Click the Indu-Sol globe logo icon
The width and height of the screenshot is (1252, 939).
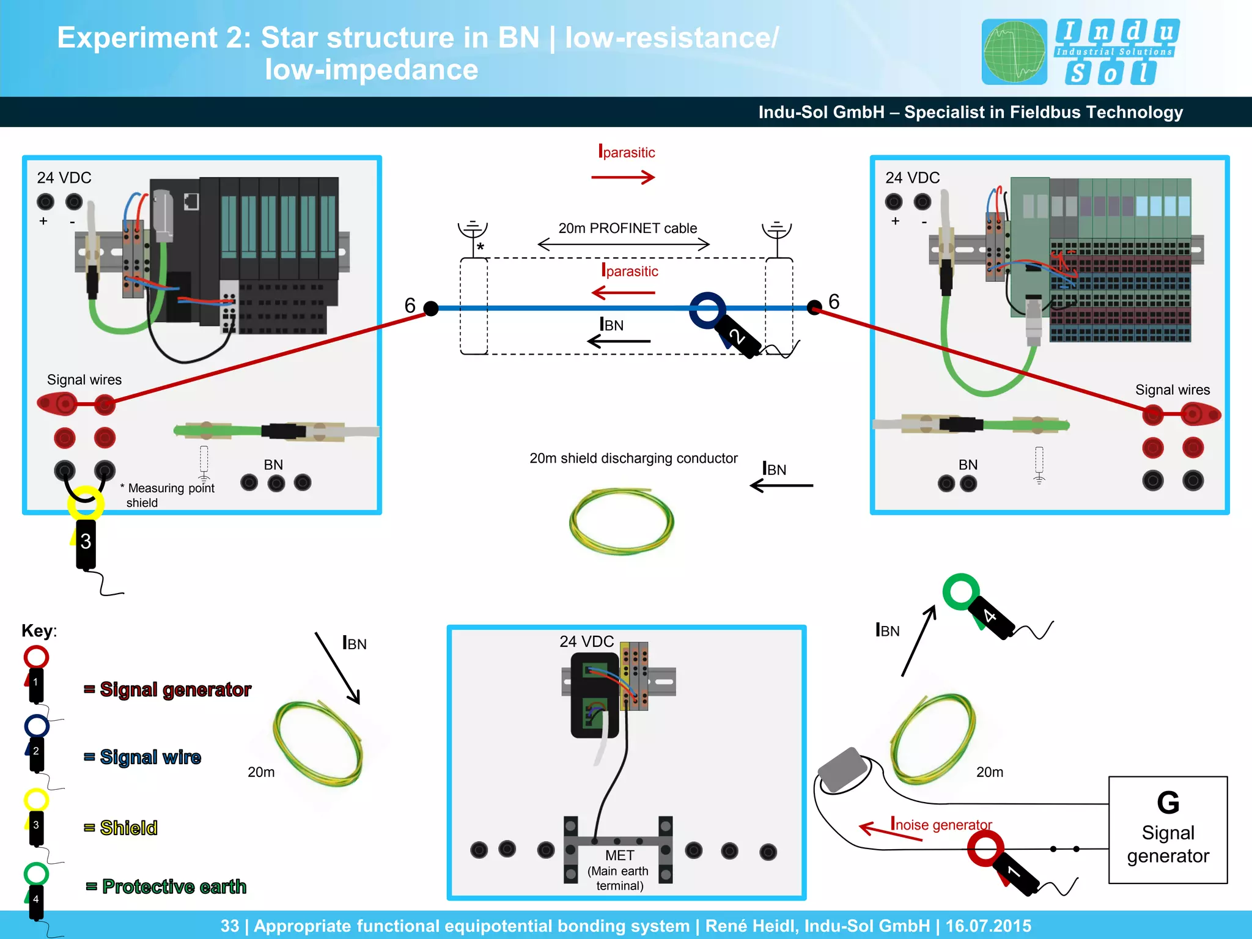pos(1014,52)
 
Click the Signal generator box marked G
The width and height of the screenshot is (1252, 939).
pos(1168,830)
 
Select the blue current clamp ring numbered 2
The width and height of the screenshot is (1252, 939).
pos(707,309)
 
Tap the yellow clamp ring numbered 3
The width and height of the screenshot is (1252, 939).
pos(85,503)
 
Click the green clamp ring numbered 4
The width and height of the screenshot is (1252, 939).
pos(961,591)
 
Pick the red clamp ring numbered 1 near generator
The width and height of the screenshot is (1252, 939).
pos(985,849)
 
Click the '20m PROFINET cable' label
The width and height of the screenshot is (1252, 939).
pos(627,228)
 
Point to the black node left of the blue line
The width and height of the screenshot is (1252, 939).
pos(431,308)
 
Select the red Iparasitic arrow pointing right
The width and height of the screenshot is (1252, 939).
pos(623,177)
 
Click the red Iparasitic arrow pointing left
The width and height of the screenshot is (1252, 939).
pos(623,293)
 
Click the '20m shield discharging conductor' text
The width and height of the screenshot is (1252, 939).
pos(633,458)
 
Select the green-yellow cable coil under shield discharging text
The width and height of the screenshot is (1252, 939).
pos(621,521)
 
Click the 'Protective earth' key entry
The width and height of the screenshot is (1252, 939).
pos(174,886)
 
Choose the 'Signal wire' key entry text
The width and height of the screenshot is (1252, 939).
pos(150,757)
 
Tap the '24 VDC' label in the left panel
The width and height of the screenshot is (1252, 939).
pos(64,178)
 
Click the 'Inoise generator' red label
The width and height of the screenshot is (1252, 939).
pos(941,824)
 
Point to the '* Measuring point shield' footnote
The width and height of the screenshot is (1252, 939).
pos(168,495)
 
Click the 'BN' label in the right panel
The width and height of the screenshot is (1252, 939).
pos(968,465)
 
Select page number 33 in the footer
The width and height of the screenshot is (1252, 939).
pos(229,926)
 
